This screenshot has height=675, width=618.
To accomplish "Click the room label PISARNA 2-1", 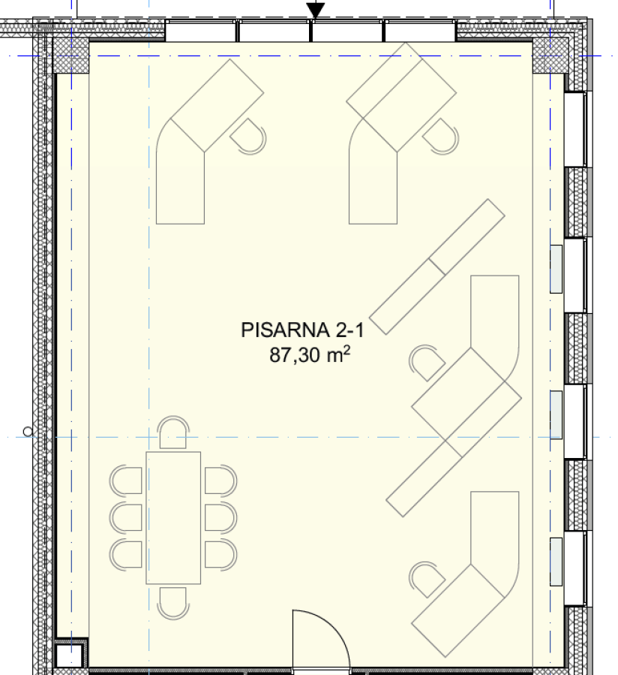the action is point(302,330).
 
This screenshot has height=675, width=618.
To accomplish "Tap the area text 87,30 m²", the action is point(310,355).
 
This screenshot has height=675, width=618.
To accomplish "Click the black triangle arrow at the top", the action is point(315,11).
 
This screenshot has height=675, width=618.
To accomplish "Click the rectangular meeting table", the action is point(173,518).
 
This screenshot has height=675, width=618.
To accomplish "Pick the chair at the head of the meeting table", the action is point(173,432).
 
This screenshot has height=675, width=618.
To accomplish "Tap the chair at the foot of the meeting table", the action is point(173,604).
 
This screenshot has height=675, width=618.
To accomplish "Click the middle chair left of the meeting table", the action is point(125,517).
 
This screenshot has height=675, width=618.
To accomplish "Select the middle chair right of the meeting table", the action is point(220,517).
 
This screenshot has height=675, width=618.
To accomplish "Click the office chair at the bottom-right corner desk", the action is point(427,580).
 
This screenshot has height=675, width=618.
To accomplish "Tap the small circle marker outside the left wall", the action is point(28,431).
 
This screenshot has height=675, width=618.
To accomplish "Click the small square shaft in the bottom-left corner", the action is point(69,655).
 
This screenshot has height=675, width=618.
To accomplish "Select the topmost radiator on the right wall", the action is point(556,269).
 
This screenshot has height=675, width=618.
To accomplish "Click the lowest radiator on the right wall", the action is point(556,562).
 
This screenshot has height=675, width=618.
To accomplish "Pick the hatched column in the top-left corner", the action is point(71,56).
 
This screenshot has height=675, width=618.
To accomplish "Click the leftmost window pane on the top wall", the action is point(201,31).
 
